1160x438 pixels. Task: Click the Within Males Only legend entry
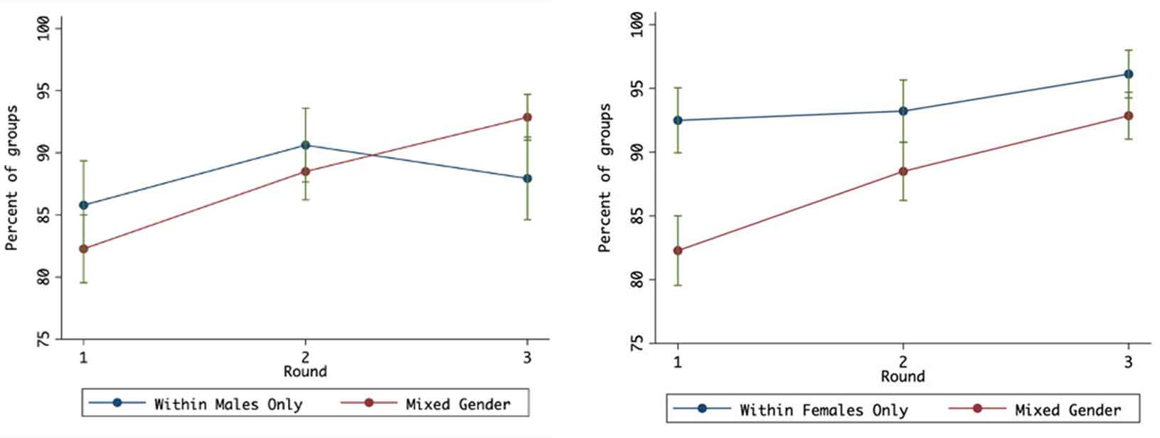pos(228,404)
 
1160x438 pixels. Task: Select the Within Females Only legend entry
pos(823,410)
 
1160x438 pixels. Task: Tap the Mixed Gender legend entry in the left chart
pos(457,404)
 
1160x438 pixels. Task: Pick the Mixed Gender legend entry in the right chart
pos(1067,410)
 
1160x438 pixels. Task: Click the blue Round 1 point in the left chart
pos(84,205)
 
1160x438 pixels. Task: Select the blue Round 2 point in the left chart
pos(306,145)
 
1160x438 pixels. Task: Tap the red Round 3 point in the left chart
pos(527,117)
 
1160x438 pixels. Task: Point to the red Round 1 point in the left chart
pos(84,249)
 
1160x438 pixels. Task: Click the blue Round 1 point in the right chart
pos(678,120)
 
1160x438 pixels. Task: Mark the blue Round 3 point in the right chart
pos(1128,74)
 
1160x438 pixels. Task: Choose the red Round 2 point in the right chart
pos(903,171)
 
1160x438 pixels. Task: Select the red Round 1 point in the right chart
pos(678,250)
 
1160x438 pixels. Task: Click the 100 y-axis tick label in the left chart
pos(44,29)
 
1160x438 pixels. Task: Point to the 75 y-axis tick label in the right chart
pos(637,343)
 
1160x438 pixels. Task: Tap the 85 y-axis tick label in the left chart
pos(44,214)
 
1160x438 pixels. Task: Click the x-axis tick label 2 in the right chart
pos(903,361)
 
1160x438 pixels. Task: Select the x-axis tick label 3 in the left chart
pos(527,357)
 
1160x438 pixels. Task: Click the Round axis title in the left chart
pos(305,371)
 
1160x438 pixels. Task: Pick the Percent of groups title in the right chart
pos(605,178)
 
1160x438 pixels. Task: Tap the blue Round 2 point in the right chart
pos(903,111)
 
